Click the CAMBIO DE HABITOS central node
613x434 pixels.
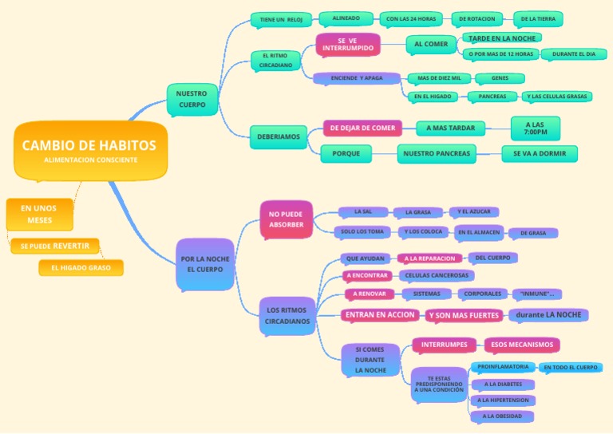[89, 149]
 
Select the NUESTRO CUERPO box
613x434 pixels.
[192, 99]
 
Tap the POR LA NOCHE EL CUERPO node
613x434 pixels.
[205, 264]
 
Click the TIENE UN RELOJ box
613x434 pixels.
[280, 19]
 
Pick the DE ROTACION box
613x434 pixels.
[477, 18]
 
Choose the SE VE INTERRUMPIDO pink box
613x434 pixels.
[347, 45]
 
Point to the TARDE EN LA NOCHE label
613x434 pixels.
[500, 37]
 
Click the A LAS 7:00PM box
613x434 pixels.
[535, 128]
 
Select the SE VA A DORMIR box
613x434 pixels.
[540, 153]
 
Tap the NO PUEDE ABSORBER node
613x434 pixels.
[286, 219]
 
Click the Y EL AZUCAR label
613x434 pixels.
[473, 212]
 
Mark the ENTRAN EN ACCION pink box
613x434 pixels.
[379, 314]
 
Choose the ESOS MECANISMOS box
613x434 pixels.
[521, 345]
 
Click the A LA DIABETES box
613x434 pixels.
[503, 384]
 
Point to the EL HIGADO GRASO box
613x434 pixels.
[81, 267]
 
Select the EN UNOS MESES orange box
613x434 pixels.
[40, 214]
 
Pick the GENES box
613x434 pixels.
[500, 78]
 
